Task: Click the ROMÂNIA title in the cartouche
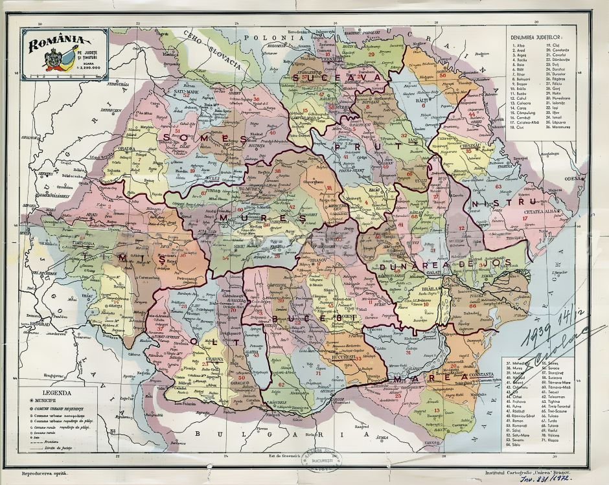point(56,43)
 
